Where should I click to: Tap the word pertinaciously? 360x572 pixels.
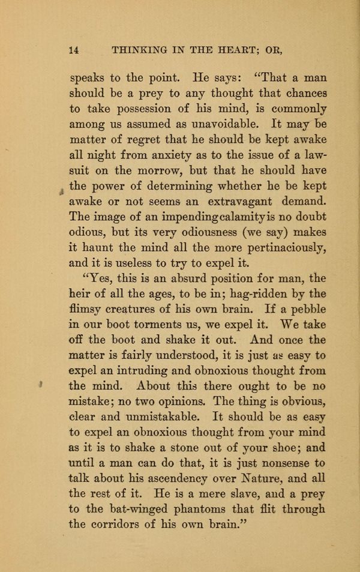[281, 249]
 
